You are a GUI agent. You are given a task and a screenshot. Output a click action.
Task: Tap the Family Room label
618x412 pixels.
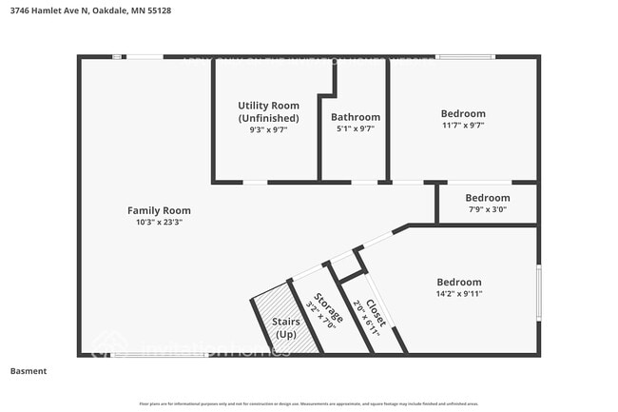tap(159, 210)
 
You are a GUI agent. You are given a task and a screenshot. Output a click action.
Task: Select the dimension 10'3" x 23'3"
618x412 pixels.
tap(159, 222)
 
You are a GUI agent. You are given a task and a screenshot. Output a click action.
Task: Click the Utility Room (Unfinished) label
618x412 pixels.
tap(268, 111)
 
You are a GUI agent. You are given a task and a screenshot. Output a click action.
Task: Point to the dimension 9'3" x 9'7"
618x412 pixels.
tap(268, 129)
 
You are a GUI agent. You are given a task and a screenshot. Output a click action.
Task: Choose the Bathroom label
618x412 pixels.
tap(356, 117)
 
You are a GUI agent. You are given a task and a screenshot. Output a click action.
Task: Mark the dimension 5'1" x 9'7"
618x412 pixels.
tap(356, 129)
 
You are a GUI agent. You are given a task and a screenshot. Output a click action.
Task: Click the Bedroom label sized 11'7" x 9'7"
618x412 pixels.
tap(463, 113)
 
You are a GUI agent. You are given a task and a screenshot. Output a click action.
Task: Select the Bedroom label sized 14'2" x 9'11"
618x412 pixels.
tap(458, 282)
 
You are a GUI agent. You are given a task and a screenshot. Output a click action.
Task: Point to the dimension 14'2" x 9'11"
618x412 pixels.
tap(458, 294)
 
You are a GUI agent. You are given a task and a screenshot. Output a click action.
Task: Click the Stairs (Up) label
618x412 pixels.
tap(285, 329)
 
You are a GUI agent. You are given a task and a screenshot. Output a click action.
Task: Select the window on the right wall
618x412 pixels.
tap(539, 291)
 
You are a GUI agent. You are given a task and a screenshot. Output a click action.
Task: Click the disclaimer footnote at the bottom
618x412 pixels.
tap(309, 402)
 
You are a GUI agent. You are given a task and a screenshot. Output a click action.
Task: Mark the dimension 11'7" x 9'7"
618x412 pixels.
tap(463, 125)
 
